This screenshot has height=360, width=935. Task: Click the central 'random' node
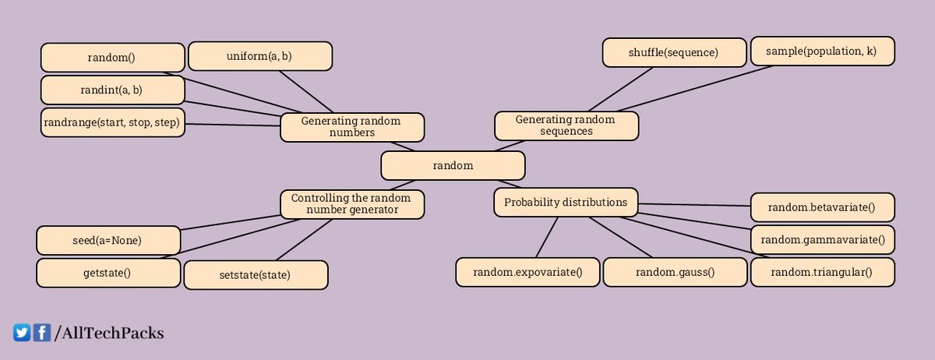453,166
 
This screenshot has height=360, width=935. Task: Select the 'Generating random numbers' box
351,127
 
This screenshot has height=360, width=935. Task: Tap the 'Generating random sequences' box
566,125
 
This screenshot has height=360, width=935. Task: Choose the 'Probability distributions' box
566,203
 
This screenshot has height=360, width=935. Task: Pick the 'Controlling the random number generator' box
351,204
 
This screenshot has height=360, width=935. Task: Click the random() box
112,58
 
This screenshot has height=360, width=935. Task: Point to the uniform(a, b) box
260,56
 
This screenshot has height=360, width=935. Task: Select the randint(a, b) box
112,90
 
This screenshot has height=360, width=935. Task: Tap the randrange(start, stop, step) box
112,123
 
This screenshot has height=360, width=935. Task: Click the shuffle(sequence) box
673,53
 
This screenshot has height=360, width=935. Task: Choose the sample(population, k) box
822,51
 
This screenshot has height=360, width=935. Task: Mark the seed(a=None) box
108,241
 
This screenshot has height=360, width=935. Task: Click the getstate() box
108,273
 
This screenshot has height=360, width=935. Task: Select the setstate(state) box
256,275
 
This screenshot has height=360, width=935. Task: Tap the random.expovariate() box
527,272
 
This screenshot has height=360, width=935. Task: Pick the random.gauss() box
675,272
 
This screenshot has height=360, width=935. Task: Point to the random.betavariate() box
822,207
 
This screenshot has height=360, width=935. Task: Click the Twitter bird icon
22,333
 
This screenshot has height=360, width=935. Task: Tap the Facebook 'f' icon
41,333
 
